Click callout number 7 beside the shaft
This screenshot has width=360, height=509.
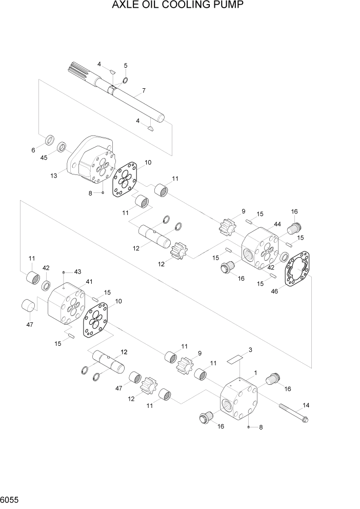(x=144, y=91)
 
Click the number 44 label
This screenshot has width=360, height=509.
(x=277, y=224)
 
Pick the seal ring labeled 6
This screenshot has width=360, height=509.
(x=50, y=139)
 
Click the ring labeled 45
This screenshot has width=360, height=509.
(x=62, y=148)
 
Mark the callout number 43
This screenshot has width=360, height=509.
(x=78, y=271)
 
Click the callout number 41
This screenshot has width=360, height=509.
(x=89, y=281)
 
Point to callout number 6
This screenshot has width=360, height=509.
(x=34, y=150)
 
